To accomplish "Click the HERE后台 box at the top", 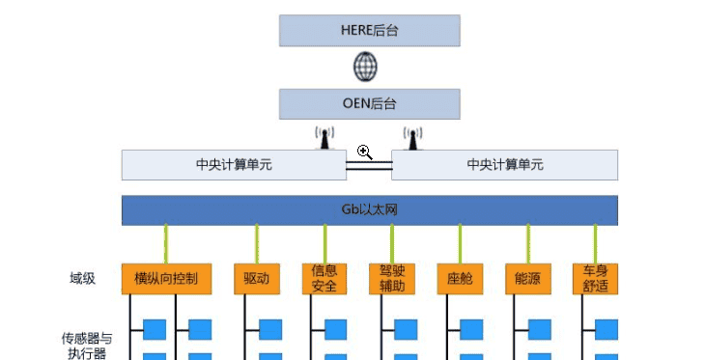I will [x=370, y=31].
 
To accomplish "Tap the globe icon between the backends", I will [x=365, y=68].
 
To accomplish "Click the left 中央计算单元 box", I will [x=234, y=164].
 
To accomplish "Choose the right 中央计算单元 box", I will [x=504, y=164].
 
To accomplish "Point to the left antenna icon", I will [x=324, y=139].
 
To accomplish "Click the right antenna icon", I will [x=413, y=139].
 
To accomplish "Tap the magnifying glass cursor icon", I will [x=364, y=152].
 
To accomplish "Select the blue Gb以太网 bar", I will [x=370, y=210].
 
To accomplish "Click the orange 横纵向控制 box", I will [x=166, y=279].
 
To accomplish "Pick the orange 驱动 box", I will [x=257, y=279].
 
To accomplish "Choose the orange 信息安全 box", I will [x=324, y=279].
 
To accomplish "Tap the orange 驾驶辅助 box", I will [x=392, y=279].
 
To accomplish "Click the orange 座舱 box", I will [x=460, y=279].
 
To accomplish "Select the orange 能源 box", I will [x=527, y=279].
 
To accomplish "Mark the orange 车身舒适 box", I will [x=595, y=279].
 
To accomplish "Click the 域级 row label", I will [x=82, y=279].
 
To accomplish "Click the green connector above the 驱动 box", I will [x=257, y=243].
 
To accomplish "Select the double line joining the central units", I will [x=369, y=167].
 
